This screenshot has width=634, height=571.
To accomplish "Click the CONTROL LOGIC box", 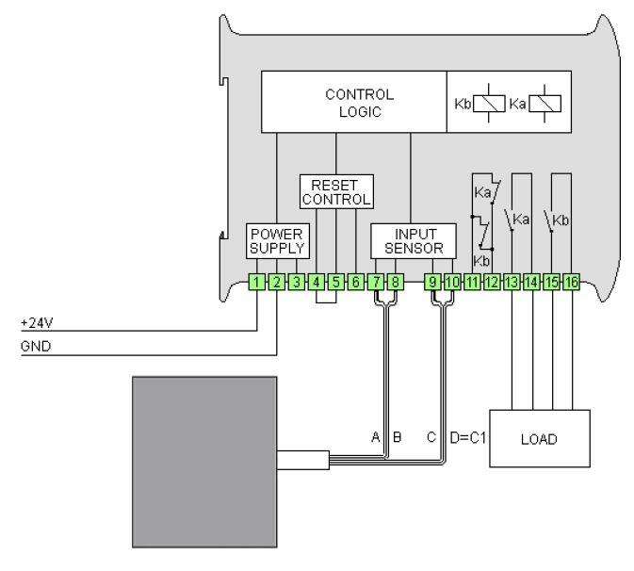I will [359, 103].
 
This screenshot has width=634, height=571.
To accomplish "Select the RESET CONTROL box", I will [335, 190].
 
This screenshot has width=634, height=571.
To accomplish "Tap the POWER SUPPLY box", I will [277, 240].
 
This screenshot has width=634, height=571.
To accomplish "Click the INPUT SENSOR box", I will [414, 240].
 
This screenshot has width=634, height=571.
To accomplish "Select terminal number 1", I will [257, 282].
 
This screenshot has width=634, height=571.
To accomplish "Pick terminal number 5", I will [335, 282].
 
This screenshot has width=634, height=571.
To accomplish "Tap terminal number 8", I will [395, 282].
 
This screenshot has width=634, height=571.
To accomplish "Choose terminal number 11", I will [472, 282].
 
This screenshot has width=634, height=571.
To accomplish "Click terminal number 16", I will [570, 282].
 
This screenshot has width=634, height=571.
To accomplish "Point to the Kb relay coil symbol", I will [487, 103].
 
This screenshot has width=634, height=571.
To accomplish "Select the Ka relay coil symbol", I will [545, 103].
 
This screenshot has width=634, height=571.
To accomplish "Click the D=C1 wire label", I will [467, 437].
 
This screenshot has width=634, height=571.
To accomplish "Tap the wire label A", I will [376, 437].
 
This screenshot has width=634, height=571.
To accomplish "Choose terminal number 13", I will [512, 282].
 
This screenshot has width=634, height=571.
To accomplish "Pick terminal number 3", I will [297, 282].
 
